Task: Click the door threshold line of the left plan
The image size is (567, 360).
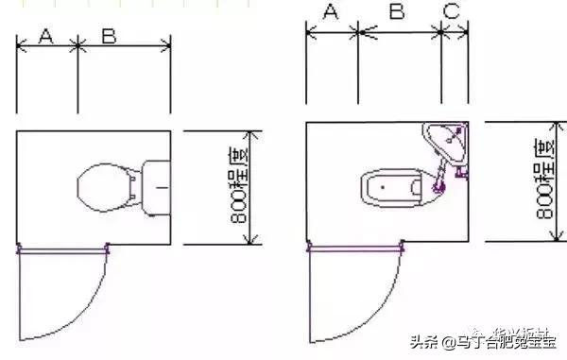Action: coord(63,249)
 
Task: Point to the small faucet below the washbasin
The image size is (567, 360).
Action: coord(462,171)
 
